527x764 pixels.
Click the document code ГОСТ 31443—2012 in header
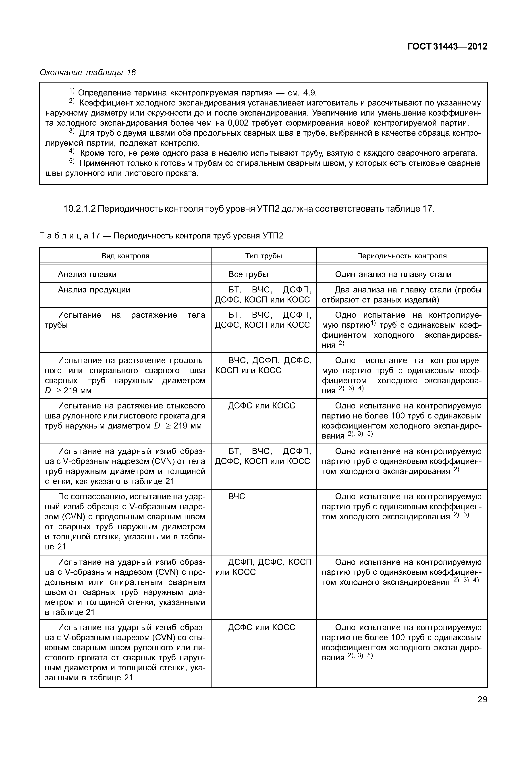point(447,47)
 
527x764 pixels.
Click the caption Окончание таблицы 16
point(87,72)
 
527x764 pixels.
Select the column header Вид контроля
point(125,256)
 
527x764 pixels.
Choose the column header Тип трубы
point(263,256)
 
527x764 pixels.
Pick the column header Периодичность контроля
point(402,256)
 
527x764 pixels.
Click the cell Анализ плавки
point(87,274)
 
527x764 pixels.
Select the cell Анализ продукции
point(94,290)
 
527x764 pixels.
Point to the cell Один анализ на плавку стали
point(393,274)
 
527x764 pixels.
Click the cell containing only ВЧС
point(237,497)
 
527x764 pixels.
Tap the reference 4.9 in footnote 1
point(310,93)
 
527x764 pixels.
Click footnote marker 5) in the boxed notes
point(72,162)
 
